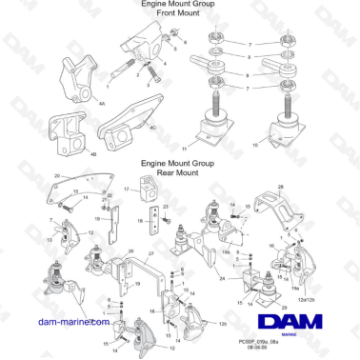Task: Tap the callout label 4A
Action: coord(76,96)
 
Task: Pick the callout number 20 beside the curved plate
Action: coord(57,177)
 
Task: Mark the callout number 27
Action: coord(150,254)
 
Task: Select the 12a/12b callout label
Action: coord(306,298)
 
